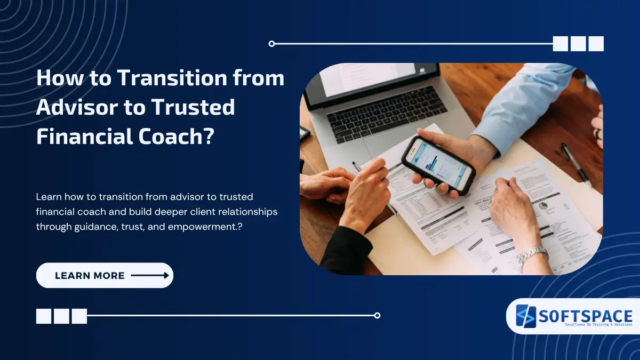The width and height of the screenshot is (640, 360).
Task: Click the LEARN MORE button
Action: point(105,276)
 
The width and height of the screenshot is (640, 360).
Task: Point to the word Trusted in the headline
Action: point(192,107)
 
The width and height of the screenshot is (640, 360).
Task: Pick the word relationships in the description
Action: point(245,212)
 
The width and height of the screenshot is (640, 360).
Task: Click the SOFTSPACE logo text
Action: point(585,316)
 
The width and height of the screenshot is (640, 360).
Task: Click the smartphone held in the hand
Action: point(437,164)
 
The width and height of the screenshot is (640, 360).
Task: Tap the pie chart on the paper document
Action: point(542,205)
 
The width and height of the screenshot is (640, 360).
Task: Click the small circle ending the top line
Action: point(272,44)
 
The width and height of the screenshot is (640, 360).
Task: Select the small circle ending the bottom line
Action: point(377,316)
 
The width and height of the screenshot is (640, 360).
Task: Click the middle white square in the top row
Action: point(578,44)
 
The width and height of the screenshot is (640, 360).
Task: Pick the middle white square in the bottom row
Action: point(61,316)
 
